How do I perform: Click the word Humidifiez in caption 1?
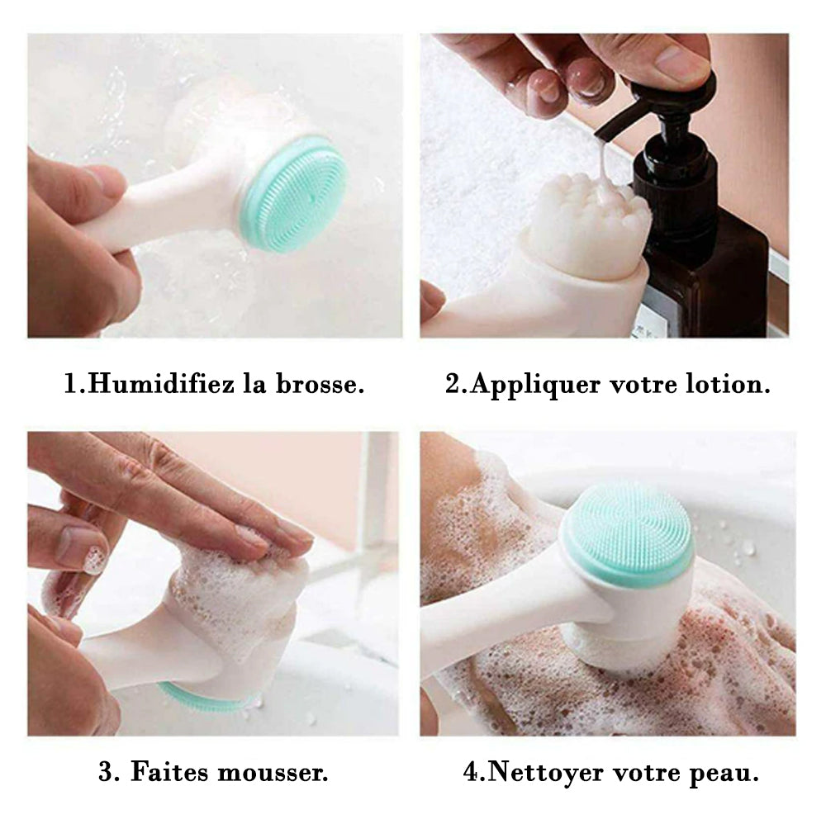(x=161, y=383)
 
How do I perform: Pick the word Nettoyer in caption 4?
(x=546, y=774)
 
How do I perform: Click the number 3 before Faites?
(x=107, y=773)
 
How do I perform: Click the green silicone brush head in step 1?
(x=295, y=194)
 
